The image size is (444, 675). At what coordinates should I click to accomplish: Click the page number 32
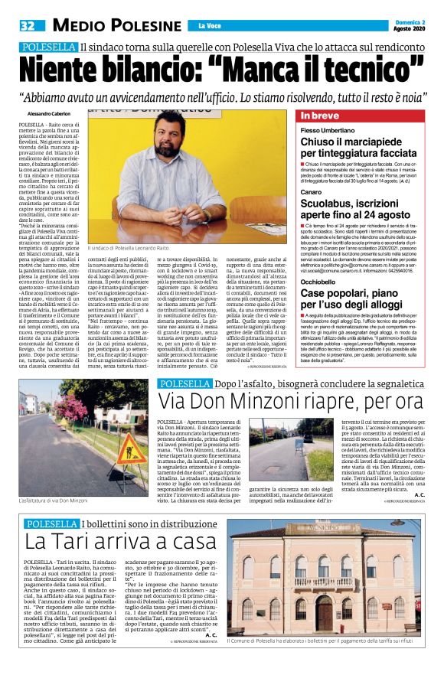[27, 25]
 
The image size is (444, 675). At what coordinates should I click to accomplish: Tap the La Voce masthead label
[207, 27]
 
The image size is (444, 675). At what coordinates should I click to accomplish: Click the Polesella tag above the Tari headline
[51, 524]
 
